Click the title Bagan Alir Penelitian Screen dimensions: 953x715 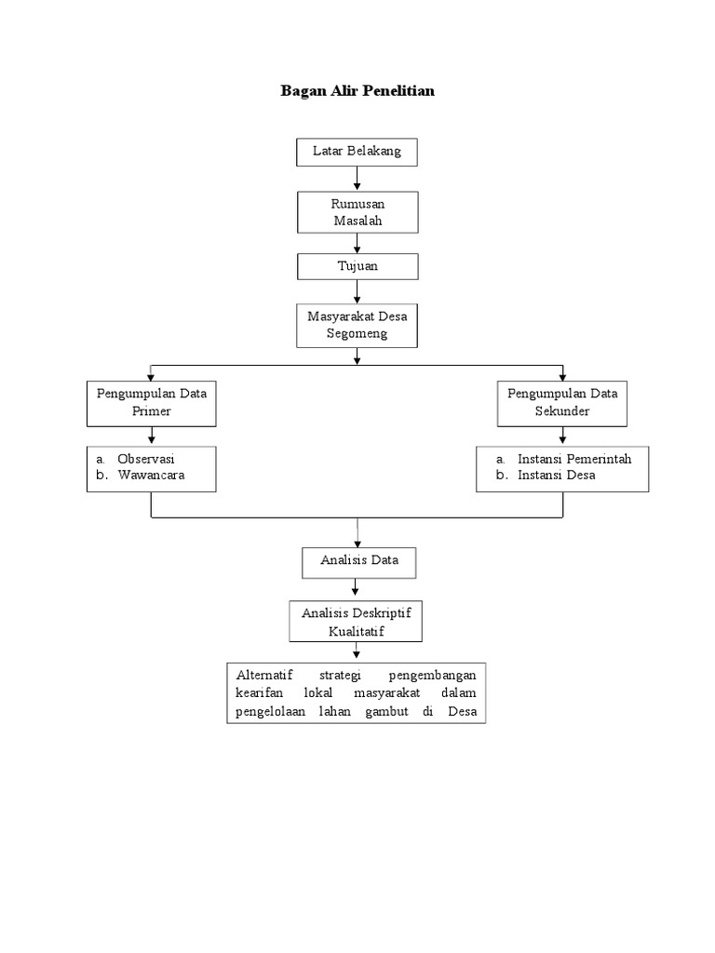(x=357, y=91)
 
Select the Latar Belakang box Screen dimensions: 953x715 (x=357, y=151)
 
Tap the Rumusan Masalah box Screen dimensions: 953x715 (x=357, y=212)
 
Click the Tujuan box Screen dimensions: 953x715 (x=357, y=267)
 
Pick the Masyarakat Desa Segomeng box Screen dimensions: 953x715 (x=357, y=325)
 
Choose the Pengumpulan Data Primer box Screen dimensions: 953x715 (x=152, y=402)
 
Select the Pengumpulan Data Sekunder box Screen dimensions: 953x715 (x=562, y=402)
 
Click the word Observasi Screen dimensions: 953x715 (x=145, y=460)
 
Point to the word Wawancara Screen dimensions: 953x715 (x=151, y=475)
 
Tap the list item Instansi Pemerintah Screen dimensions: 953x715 (x=568, y=460)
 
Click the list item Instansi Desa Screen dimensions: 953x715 (x=557, y=475)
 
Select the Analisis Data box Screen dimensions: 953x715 (x=358, y=561)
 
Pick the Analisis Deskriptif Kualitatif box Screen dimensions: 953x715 (x=356, y=621)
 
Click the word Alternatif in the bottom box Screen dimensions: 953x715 (x=263, y=675)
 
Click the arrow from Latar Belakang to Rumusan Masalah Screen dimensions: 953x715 (x=357, y=179)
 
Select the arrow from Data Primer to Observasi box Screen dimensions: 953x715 (x=152, y=436)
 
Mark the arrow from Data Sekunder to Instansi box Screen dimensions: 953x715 (x=562, y=436)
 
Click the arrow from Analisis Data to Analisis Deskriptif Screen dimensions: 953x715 (x=357, y=588)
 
